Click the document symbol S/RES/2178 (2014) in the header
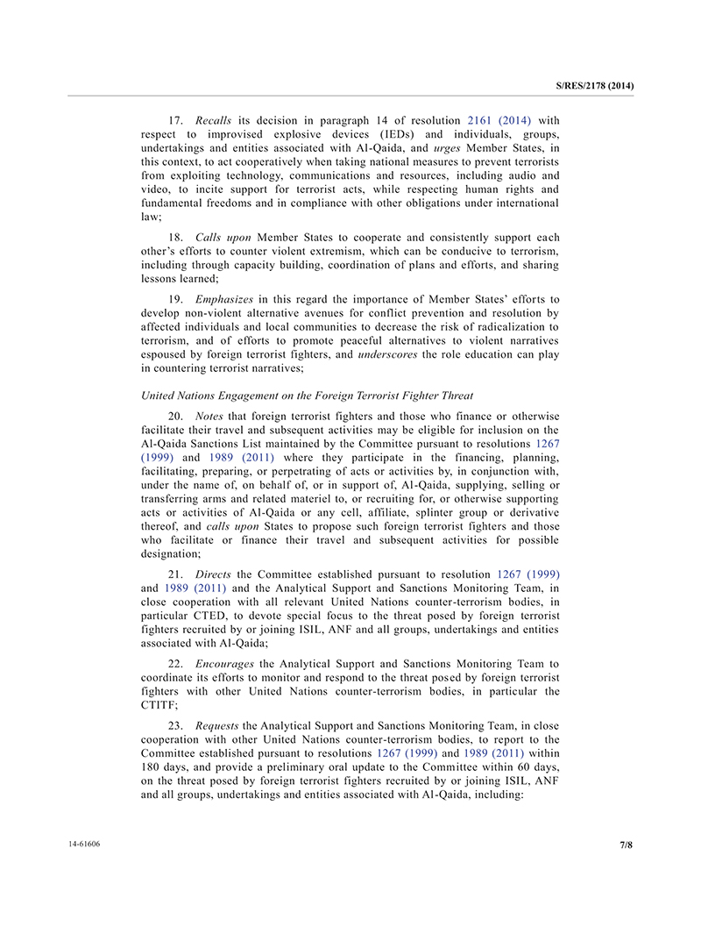pyautogui.click(x=595, y=86)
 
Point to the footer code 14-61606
pyautogui.click(x=84, y=844)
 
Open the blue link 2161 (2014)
pyautogui.click(x=499, y=120)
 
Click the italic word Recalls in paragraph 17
pyautogui.click(x=214, y=120)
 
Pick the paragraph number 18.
pyautogui.click(x=175, y=238)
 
